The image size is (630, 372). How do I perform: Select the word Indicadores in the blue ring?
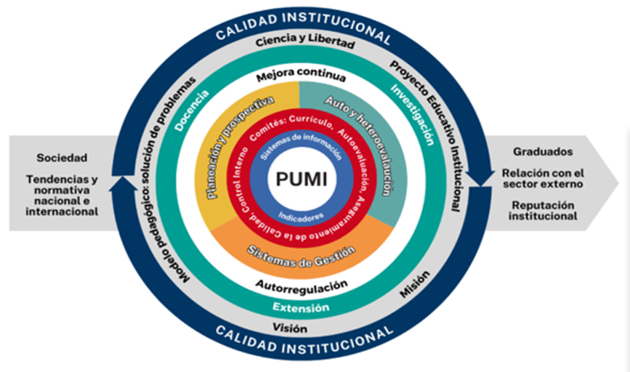(299, 216)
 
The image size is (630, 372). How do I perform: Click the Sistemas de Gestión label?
(301, 253)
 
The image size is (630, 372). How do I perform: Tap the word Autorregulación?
(301, 285)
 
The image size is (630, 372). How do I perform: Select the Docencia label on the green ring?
(192, 111)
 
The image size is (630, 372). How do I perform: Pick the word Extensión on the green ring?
(301, 307)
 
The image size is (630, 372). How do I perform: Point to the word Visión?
(291, 328)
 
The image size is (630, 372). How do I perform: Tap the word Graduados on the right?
(543, 151)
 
